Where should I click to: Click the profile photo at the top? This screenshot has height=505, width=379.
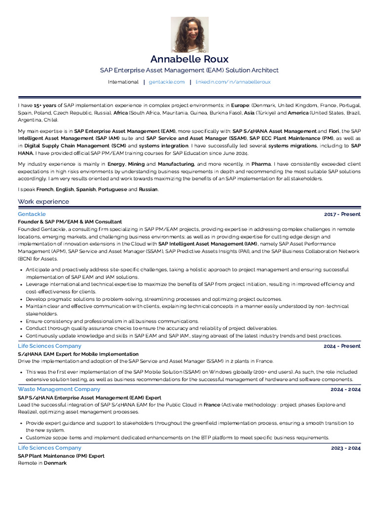[x=189, y=35]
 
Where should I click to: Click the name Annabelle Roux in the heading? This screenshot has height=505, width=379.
[x=189, y=60]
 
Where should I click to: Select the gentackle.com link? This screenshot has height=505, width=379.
[x=167, y=82]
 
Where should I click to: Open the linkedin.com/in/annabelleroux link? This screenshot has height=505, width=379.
[x=233, y=82]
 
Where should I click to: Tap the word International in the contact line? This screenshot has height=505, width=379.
[x=123, y=82]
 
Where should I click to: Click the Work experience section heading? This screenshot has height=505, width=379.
[x=43, y=202]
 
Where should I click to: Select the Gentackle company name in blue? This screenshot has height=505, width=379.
[x=32, y=214]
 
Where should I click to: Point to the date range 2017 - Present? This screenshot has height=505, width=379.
[x=342, y=215]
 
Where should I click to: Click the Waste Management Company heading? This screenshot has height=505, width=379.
[x=59, y=389]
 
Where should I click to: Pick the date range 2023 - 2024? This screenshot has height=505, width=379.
[x=345, y=448]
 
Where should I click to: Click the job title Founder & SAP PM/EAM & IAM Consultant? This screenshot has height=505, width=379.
[x=70, y=222]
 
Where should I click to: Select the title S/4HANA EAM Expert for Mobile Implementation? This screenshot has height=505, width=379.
[x=78, y=354]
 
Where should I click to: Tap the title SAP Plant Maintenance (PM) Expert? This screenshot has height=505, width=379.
[x=61, y=456]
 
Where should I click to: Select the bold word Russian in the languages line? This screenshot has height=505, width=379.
[x=149, y=189]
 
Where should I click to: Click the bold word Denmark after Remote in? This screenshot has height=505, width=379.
[x=55, y=463]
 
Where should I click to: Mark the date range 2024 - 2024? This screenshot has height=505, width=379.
[x=345, y=390]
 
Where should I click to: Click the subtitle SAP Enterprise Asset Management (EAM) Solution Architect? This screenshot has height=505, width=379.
[x=189, y=71]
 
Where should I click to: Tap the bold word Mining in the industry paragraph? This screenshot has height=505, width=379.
[x=136, y=164]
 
